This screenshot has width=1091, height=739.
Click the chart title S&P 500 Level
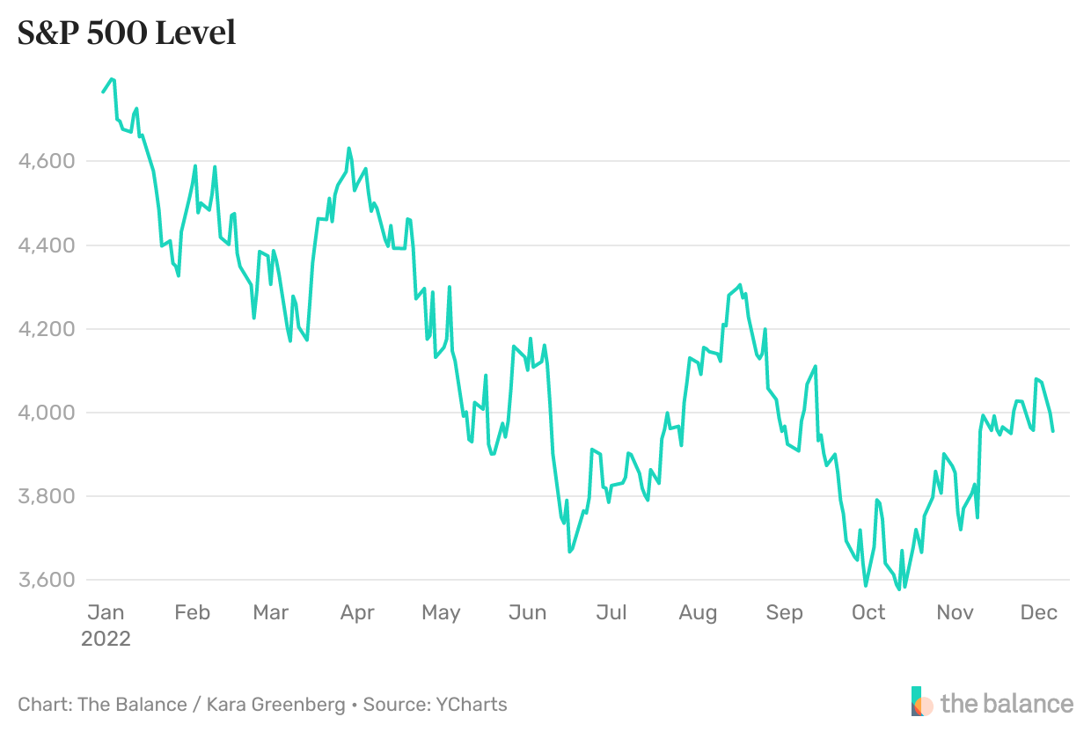tap(127, 33)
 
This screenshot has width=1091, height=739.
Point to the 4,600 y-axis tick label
tap(46, 161)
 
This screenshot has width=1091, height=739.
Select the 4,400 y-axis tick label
tap(46, 245)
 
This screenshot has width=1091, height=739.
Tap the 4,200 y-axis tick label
tap(46, 329)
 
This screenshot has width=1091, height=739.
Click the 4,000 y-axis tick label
tap(46, 413)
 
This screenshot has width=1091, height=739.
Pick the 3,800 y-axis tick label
tap(46, 496)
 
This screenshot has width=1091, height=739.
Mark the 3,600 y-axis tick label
tap(46, 580)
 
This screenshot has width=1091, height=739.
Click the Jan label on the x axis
tap(106, 612)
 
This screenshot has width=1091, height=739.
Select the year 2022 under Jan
tap(106, 639)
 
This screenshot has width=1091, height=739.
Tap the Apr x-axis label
tap(357, 612)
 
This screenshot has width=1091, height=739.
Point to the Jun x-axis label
tap(528, 612)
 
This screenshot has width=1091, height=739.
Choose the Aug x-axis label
tap(698, 612)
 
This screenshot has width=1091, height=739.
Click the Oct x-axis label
tap(868, 612)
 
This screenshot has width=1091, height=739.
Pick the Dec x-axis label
tap(1038, 612)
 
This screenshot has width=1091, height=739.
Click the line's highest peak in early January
tap(112, 79)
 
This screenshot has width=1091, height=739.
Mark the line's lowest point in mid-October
tap(898, 589)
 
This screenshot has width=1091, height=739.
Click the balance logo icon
tap(921, 701)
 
